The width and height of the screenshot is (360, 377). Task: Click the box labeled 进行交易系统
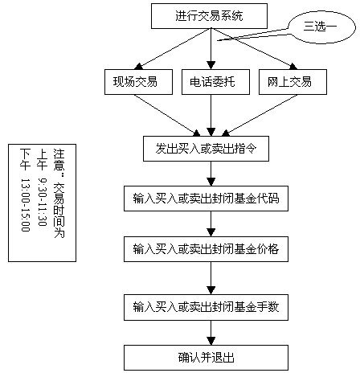pos(211,15)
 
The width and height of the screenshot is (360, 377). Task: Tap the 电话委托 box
pos(211,82)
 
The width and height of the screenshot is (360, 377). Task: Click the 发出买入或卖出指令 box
pos(211,148)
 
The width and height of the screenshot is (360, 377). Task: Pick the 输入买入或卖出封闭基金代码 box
pos(211,198)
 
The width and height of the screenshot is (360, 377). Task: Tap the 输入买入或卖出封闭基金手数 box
pos(211,306)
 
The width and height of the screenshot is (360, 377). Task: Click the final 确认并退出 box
pos(211,356)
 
